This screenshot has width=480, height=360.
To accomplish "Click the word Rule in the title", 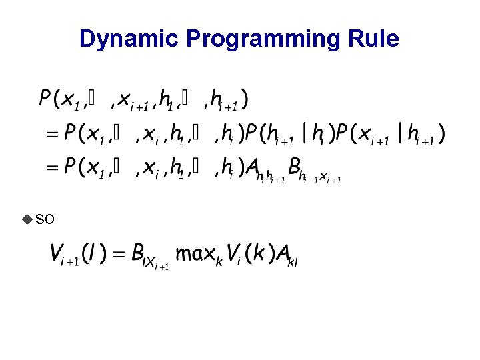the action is [x=377, y=39].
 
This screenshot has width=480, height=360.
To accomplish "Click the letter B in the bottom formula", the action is [x=138, y=253].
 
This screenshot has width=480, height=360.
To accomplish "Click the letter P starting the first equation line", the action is [x=45, y=100].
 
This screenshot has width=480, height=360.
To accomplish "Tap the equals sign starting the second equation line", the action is [x=52, y=135].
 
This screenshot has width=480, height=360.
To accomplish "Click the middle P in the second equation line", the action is [x=252, y=133].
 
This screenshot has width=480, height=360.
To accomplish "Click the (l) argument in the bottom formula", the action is [x=91, y=253].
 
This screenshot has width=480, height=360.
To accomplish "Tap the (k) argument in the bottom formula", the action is [x=256, y=253].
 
